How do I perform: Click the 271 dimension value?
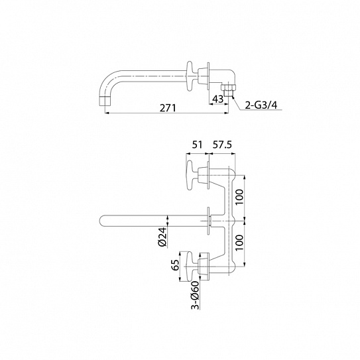pos(168,107)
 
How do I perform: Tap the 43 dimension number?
pos(218,99)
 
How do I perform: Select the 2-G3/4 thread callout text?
pos(261,105)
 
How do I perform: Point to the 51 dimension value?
pos(197,145)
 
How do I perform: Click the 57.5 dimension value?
pos(222,145)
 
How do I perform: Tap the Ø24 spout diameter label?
pos(162,237)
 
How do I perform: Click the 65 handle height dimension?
pos(175,265)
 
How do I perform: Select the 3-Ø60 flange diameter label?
pos(195,295)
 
